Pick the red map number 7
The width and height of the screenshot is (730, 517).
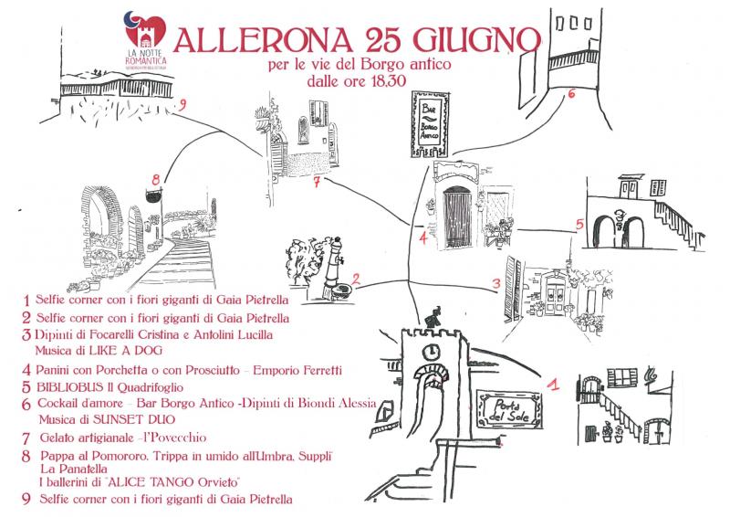(315, 181)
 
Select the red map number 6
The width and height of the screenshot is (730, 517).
(571, 92)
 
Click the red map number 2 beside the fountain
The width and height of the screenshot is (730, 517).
(358, 280)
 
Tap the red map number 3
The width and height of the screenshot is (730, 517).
(496, 284)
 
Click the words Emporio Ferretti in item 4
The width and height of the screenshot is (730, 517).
(296, 370)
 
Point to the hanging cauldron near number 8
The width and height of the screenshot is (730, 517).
(152, 195)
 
